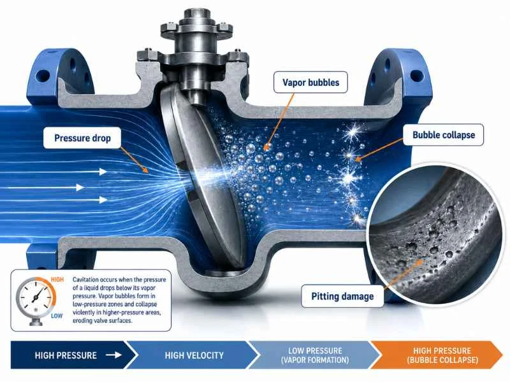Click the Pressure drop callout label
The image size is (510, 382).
click(x=82, y=138)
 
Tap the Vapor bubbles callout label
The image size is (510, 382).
click(x=310, y=83)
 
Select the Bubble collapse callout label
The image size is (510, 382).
click(x=444, y=135)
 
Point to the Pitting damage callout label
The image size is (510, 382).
click(x=342, y=296)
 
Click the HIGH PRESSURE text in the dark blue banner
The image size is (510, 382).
click(x=66, y=355)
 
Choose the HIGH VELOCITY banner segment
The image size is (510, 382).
click(x=194, y=355)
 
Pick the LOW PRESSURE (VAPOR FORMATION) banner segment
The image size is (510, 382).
click(x=315, y=355)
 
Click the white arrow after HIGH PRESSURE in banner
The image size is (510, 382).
click(x=113, y=355)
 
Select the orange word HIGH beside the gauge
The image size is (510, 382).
click(x=57, y=279)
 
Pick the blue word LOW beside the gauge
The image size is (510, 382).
click(x=57, y=316)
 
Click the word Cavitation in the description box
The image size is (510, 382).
click(x=85, y=279)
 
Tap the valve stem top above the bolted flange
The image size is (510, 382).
click(x=196, y=15)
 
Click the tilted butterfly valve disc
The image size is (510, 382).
click(x=201, y=176)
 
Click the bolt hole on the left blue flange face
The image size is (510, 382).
click(x=43, y=76)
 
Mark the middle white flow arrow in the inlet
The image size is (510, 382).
click(x=45, y=187)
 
